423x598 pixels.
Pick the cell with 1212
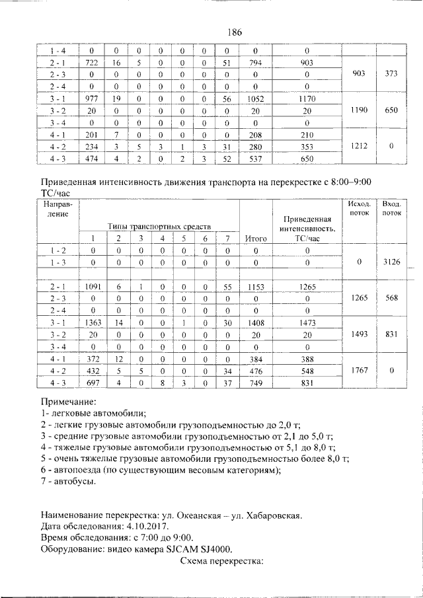[360, 147]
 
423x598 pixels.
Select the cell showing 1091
[93, 287]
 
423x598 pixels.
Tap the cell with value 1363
[93, 322]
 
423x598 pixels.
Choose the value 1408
[255, 322]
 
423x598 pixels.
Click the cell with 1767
[360, 371]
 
